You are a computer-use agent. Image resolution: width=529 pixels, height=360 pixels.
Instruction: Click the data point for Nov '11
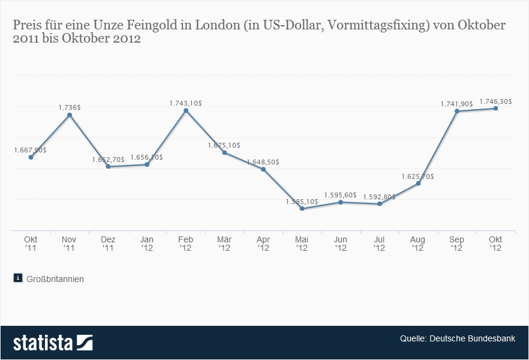pos(70,115)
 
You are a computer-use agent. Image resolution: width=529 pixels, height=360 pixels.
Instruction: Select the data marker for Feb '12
pos(186,110)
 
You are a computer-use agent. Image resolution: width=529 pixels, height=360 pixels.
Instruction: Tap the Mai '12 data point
pos(302,209)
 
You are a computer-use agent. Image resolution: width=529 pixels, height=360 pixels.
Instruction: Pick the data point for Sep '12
pos(457,111)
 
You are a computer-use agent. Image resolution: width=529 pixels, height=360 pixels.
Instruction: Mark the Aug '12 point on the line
pos(418,183)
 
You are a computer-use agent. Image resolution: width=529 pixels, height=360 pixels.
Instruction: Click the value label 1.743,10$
pos(186,103)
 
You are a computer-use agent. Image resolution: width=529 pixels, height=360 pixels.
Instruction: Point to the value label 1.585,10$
pos(302,202)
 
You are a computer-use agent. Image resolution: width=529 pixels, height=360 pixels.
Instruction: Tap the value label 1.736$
pos(70,107)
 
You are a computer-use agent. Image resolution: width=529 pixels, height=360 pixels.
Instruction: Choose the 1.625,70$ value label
pos(418,176)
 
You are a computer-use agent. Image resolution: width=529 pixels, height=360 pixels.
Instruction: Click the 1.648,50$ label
pos(263,162)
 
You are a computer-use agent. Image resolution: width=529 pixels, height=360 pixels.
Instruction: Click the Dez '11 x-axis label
pos(108,244)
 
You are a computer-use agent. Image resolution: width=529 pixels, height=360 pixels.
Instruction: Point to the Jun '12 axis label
pos(341,244)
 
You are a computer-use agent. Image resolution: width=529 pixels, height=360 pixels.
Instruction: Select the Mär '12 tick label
pos(224,244)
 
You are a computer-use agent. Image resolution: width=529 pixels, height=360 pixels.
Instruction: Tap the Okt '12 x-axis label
pos(495,244)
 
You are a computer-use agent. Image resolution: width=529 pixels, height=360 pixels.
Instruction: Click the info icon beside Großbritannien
pos(17,278)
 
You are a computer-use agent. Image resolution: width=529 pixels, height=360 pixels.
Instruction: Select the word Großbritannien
pos(55,278)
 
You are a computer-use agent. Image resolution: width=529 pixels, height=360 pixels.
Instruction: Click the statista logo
pos(53,343)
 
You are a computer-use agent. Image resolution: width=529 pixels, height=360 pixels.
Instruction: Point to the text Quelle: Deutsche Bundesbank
pos(458,338)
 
